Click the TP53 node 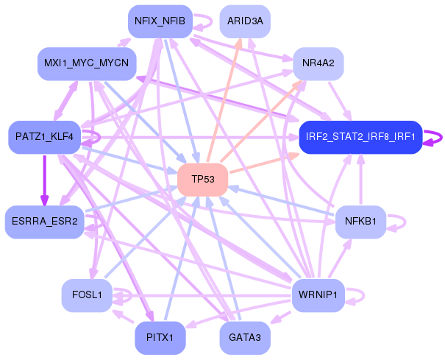[202, 180]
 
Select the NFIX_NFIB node [160, 21]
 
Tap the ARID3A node [245, 21]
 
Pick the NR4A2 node [318, 63]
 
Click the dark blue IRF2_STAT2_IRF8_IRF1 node [360, 137]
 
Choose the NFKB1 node [360, 222]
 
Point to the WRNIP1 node [318, 295]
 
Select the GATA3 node [245, 338]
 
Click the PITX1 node [160, 338]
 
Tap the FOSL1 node [87, 295]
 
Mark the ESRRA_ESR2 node [45, 222]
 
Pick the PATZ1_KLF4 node [45, 137]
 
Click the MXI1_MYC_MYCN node [87, 63]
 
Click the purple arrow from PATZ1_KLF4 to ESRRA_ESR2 [45, 180]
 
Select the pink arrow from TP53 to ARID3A [224, 100]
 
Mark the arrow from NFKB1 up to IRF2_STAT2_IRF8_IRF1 [360, 179]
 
